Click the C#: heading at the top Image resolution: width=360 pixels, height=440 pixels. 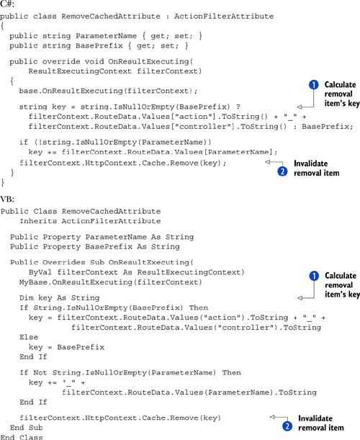7,4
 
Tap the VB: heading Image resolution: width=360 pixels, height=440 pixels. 7,199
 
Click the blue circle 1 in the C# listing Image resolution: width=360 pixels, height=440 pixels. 314,84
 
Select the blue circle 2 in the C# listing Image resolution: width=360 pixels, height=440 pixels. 282,171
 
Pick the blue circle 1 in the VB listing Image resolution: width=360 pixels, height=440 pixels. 314,276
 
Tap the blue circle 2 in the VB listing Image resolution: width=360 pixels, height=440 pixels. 287,426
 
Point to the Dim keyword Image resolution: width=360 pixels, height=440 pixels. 26,297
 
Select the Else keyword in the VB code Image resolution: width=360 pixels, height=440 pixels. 29,337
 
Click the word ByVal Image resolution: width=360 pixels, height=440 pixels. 40,272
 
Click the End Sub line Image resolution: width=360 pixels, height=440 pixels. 27,428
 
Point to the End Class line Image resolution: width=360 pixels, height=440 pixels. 22,437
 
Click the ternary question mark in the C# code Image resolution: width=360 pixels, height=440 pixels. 238,107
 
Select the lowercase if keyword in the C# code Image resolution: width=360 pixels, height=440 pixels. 24,143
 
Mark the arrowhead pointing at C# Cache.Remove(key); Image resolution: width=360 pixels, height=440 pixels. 267,162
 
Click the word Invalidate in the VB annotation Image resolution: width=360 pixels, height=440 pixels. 315,418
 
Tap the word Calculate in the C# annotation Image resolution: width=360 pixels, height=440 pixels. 340,84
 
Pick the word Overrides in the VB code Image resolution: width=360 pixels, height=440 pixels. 63,262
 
